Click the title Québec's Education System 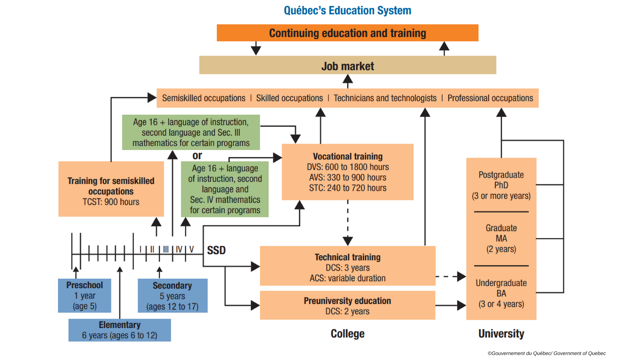347,11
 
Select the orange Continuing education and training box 347,33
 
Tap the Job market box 347,65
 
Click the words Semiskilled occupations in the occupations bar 204,98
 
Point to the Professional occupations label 490,98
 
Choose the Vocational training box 347,172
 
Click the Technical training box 347,266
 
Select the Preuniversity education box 347,305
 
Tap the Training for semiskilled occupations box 111,189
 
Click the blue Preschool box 84,296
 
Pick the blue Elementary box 120,330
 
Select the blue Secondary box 172,296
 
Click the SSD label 216,250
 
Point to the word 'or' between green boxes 197,156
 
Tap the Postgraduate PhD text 501,185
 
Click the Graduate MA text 501,238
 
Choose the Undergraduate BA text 501,293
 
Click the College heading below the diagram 347,334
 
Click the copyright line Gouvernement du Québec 547,353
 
